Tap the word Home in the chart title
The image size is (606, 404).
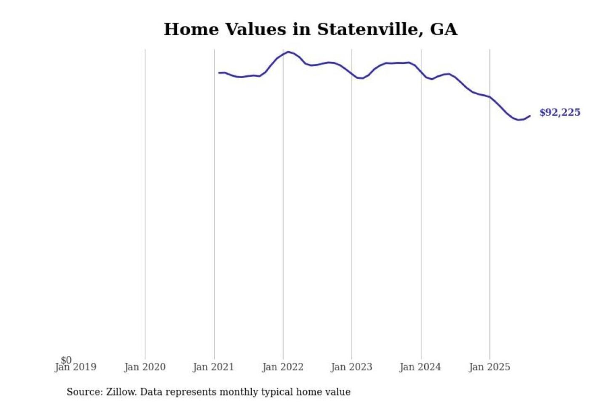pyautogui.click(x=191, y=29)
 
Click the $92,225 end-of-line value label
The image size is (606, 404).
pyautogui.click(x=560, y=112)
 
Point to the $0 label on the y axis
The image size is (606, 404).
pyautogui.click(x=66, y=360)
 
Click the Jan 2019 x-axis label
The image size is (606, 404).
pyautogui.click(x=76, y=367)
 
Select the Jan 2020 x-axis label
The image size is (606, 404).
pyautogui.click(x=145, y=367)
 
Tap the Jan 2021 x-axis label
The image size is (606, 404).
pyautogui.click(x=213, y=367)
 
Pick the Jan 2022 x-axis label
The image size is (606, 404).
pyautogui.click(x=283, y=367)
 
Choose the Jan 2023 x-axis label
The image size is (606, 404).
pyautogui.click(x=352, y=367)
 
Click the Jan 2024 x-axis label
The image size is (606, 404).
pyautogui.click(x=420, y=367)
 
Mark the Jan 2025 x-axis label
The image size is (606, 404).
pyautogui.click(x=489, y=367)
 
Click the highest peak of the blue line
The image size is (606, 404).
pyautogui.click(x=289, y=52)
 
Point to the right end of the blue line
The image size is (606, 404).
pyautogui.click(x=530, y=115)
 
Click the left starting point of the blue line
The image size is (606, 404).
pyautogui.click(x=219, y=73)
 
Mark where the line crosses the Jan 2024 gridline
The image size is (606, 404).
pyautogui.click(x=421, y=72)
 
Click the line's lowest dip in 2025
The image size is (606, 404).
pyautogui.click(x=518, y=120)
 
